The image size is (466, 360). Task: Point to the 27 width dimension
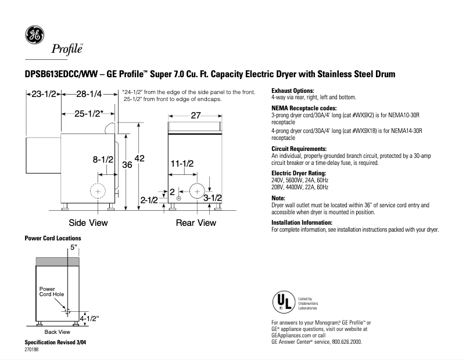pyautogui.click(x=195, y=116)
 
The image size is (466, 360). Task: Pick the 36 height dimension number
pyautogui.click(x=127, y=165)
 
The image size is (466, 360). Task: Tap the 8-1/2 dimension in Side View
pyautogui.click(x=103, y=159)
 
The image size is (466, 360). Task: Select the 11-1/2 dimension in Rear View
pyautogui.click(x=182, y=164)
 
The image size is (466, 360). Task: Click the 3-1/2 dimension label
pyautogui.click(x=213, y=199)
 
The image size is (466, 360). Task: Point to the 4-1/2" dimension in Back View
pyautogui.click(x=89, y=318)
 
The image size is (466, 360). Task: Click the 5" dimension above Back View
pyautogui.click(x=73, y=247)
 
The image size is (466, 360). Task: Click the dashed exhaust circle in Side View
pyautogui.click(x=98, y=192)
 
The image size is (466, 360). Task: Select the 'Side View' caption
pyautogui.click(x=88, y=222)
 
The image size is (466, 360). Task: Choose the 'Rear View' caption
pyautogui.click(x=196, y=222)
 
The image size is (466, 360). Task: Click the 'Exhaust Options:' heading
pyautogui.click(x=293, y=91)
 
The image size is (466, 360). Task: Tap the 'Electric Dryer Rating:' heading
pyautogui.click(x=299, y=174)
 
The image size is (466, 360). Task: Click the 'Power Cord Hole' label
pyautogui.click(x=51, y=291)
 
